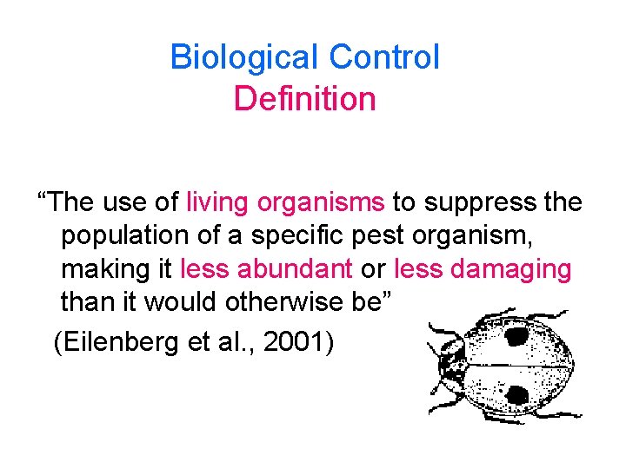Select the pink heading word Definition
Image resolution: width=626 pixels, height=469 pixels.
click(x=304, y=99)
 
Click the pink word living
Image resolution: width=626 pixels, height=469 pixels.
click(x=217, y=202)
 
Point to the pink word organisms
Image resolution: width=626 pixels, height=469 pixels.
click(x=321, y=202)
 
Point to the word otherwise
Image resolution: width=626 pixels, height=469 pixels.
click(x=263, y=303)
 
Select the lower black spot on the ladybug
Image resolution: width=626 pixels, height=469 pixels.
click(x=516, y=395)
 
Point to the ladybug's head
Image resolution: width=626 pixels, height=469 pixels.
click(x=450, y=365)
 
